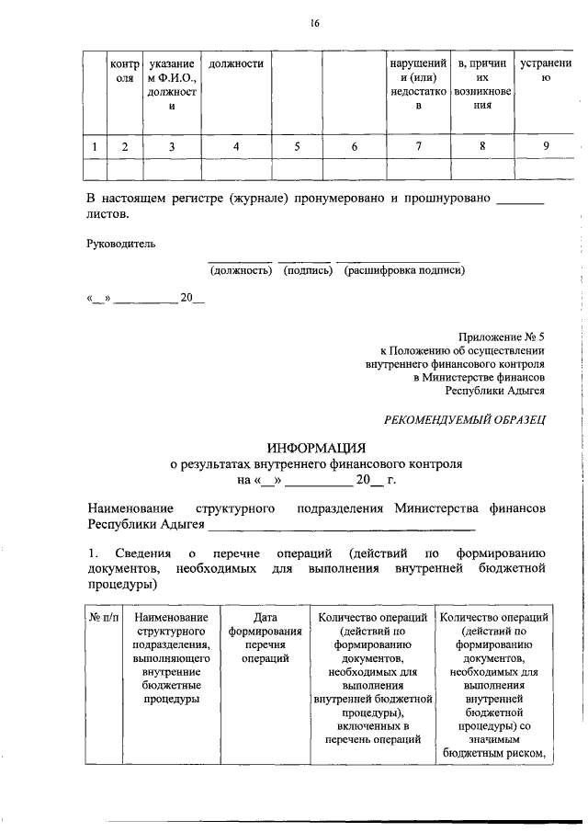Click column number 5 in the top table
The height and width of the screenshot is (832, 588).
click(297, 145)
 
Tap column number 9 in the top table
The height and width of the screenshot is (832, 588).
click(546, 145)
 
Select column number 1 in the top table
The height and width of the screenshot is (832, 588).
click(95, 145)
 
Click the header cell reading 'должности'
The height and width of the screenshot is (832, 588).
click(236, 64)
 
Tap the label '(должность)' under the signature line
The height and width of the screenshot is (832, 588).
click(241, 270)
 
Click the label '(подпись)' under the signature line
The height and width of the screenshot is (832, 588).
click(307, 270)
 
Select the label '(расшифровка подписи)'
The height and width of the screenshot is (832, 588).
click(404, 270)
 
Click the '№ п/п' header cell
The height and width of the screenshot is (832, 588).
click(105, 617)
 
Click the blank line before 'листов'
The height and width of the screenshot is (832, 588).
click(520, 199)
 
